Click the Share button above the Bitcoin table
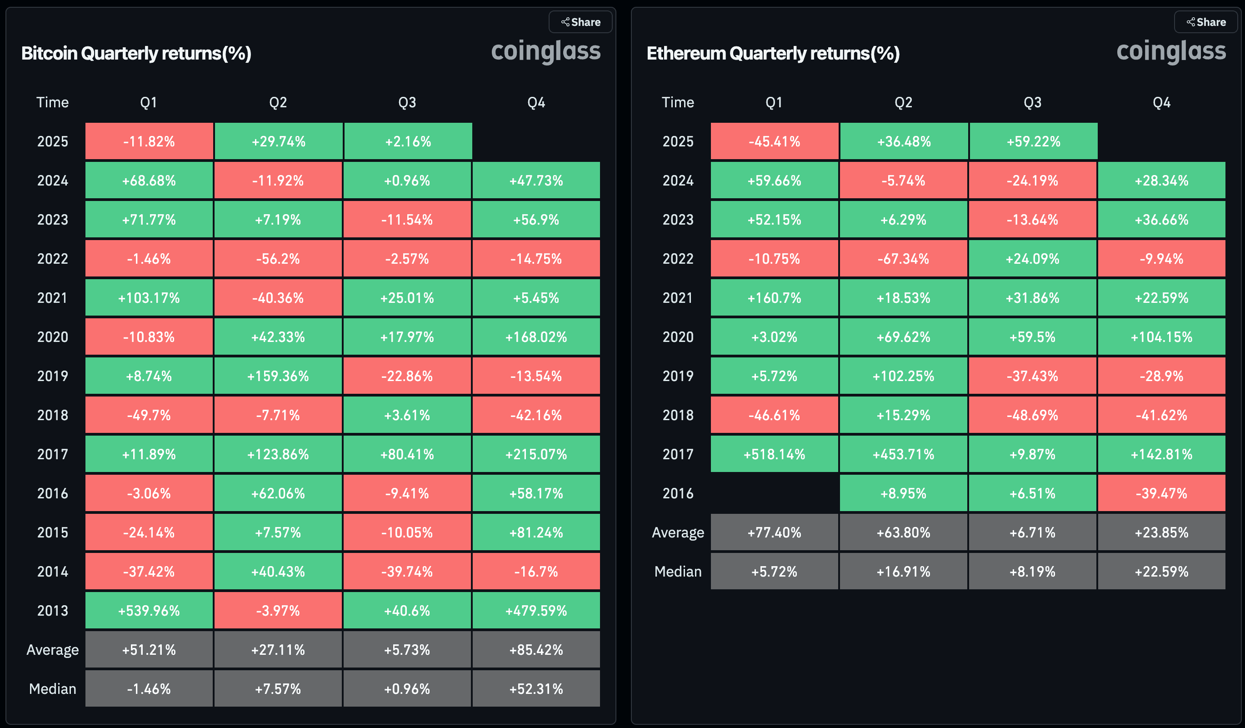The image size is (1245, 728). [x=580, y=22]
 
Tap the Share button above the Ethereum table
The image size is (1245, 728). [x=1206, y=22]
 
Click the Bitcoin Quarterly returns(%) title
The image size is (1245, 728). [x=136, y=53]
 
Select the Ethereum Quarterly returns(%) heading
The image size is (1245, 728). [x=773, y=53]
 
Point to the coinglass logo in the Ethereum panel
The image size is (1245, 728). [x=1171, y=51]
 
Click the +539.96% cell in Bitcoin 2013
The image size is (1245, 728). [x=149, y=610]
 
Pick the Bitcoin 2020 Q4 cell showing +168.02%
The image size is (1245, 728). [x=536, y=337]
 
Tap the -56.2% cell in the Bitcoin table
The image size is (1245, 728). [x=278, y=258]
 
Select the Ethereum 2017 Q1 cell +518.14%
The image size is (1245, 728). [x=774, y=454]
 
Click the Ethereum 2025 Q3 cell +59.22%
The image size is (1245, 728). [x=1033, y=141]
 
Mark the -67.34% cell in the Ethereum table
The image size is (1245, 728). [x=903, y=258]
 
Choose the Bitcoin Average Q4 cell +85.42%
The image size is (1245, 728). [x=536, y=649]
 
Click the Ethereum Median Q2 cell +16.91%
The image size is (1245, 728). [x=903, y=571]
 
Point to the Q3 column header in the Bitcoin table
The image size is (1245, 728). [x=407, y=102]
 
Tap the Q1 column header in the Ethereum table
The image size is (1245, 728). [x=774, y=102]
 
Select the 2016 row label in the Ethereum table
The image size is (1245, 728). [x=678, y=493]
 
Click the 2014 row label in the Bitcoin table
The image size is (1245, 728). [x=52, y=571]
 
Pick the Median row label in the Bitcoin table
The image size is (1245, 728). [x=52, y=688]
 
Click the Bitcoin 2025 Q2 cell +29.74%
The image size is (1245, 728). [x=279, y=141]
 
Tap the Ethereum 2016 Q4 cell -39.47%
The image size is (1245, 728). [x=1161, y=493]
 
